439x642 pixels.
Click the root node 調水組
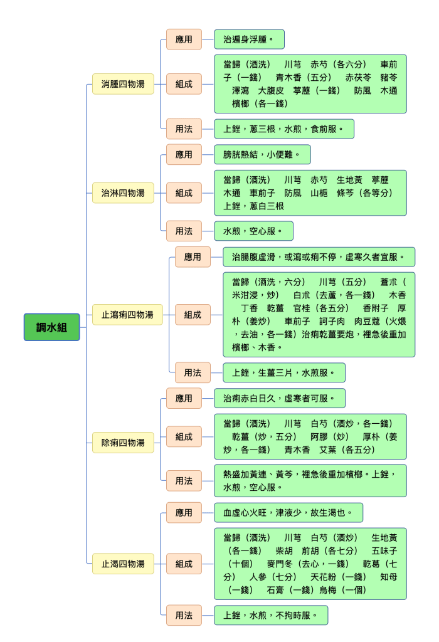[x=51, y=327]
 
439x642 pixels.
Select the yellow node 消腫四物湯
[x=123, y=84]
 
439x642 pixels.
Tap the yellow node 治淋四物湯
[x=123, y=193]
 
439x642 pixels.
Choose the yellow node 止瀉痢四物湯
[x=127, y=315]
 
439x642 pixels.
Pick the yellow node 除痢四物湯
[x=123, y=443]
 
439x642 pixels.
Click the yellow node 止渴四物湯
[x=123, y=564]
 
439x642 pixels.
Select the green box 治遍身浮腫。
[x=249, y=39]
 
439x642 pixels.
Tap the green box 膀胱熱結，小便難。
[x=262, y=154]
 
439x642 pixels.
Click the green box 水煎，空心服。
[x=253, y=231]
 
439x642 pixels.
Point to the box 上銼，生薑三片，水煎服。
[x=284, y=372]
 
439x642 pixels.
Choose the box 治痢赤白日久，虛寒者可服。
[x=280, y=398]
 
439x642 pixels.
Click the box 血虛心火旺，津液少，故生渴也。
[x=288, y=512]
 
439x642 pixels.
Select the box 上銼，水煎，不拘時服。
[x=271, y=615]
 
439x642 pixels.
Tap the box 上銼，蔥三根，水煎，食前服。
[x=284, y=129]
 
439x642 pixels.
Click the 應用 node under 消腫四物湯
[x=184, y=39]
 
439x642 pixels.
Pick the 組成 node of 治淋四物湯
[x=184, y=193]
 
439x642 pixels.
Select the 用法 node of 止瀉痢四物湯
[x=193, y=372]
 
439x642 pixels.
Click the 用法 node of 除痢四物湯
[x=184, y=481]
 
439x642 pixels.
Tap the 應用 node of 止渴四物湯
[x=184, y=512]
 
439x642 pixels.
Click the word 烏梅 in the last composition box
[x=327, y=590]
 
